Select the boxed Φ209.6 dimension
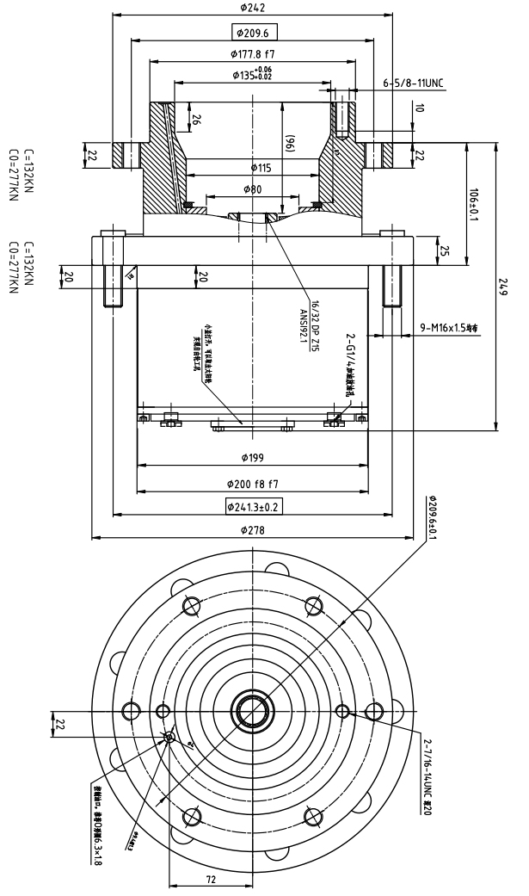[255, 34]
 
